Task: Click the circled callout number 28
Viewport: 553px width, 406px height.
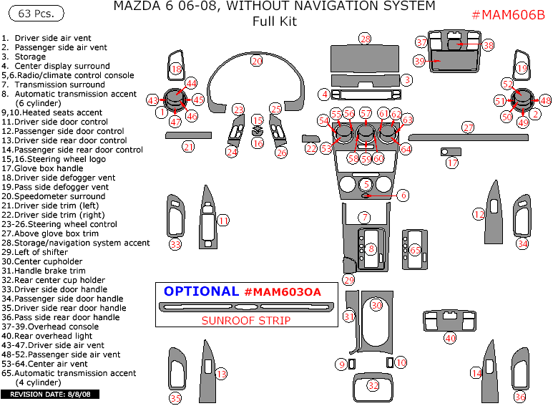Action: pos(366,39)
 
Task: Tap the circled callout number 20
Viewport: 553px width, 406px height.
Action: pos(257,62)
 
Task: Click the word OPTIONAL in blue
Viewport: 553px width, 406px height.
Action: pos(201,291)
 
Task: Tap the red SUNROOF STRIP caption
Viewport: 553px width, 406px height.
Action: pos(246,321)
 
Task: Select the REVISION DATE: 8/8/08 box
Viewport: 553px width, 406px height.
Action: pos(49,395)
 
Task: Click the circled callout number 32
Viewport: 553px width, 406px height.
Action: pos(373,385)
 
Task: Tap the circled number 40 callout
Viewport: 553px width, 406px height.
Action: pos(450,337)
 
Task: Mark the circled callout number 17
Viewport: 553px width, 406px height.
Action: pos(452,163)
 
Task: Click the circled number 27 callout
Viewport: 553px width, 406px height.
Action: pos(468,127)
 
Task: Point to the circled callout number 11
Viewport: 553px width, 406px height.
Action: pos(223,221)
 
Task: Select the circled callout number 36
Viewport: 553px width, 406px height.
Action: pos(520,397)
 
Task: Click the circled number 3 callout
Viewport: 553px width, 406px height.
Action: pos(406,80)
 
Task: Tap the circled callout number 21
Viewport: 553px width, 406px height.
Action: pos(188,147)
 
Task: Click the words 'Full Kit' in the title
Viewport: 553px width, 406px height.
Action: pos(274,21)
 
